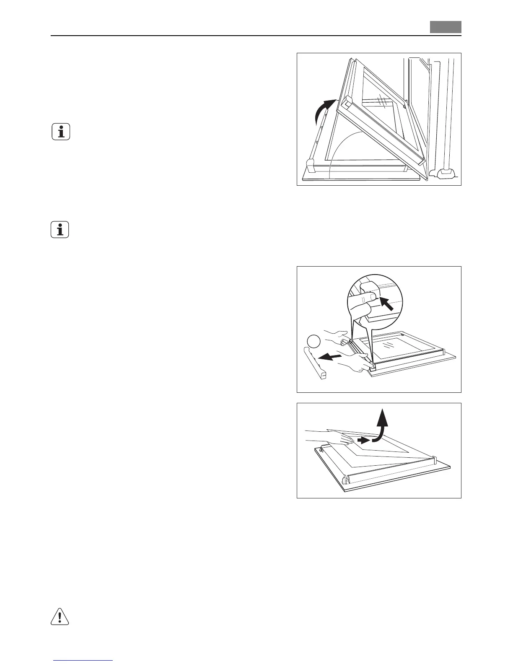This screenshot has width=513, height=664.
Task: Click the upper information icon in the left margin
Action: [61, 132]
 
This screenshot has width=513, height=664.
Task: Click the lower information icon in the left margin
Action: [60, 230]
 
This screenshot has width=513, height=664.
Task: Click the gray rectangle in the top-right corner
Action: [445, 27]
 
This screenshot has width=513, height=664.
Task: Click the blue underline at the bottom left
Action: [84, 661]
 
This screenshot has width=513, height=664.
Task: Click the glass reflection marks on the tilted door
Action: [382, 102]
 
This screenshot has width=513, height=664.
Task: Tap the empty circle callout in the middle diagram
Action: [313, 342]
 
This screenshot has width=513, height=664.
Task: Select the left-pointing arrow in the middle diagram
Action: [329, 357]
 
